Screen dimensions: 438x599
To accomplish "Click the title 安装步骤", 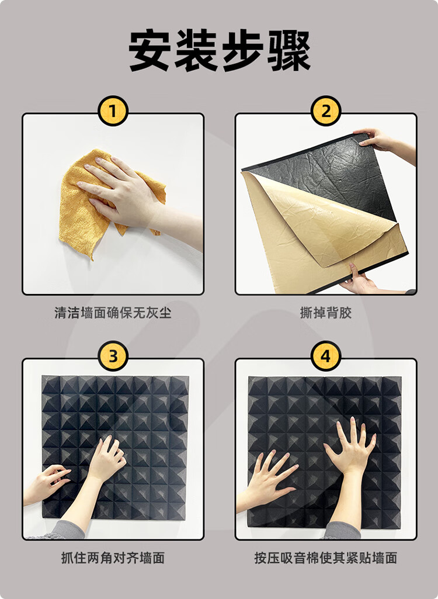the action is point(219,51).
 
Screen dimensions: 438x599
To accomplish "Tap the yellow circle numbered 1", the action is point(113,111).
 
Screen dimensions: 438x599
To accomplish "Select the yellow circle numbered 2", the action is point(326,111).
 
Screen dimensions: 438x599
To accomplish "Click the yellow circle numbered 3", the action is point(113,356).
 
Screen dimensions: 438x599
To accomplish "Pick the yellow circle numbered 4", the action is point(326,356).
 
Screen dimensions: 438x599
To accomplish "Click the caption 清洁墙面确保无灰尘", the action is point(113,313).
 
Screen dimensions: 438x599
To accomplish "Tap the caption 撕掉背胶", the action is point(326,313).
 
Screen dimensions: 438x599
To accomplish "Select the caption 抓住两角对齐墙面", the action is point(113,558).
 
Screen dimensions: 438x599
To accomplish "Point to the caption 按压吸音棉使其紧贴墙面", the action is point(326,558).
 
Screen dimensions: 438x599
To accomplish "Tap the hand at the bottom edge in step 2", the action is point(359,281).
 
